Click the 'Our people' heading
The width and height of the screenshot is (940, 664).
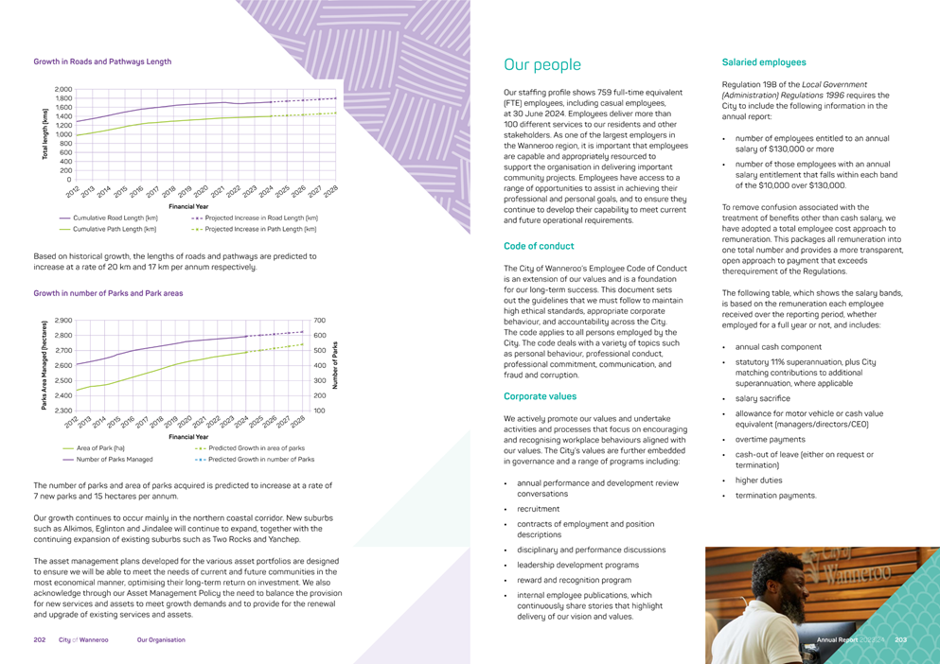[542, 65]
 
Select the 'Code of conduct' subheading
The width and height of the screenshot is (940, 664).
[540, 246]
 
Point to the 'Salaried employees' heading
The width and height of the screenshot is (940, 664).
[764, 62]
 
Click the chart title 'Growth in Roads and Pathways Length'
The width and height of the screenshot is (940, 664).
[102, 61]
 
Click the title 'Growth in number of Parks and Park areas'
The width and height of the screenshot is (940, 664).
[108, 293]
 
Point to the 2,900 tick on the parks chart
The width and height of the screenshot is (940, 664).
[63, 321]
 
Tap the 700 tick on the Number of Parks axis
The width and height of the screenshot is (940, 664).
[320, 321]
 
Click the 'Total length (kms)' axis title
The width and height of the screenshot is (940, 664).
[44, 133]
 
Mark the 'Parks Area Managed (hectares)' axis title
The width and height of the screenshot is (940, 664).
[44, 365]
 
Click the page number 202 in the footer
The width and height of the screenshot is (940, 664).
[40, 640]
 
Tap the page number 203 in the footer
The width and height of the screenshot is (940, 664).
[901, 640]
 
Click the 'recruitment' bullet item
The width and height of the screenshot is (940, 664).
[538, 509]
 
